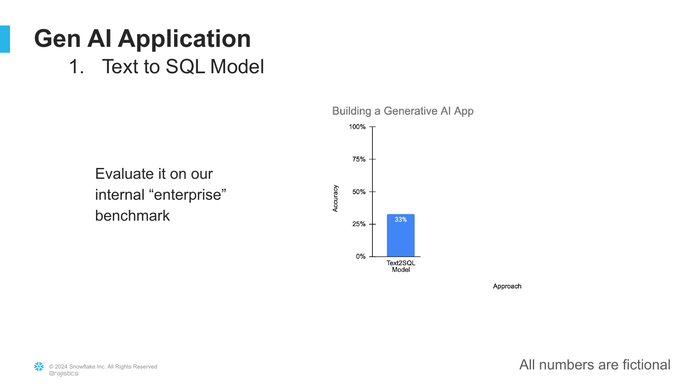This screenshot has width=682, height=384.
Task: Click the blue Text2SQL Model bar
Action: click(401, 235)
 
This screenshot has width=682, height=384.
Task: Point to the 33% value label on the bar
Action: click(401, 219)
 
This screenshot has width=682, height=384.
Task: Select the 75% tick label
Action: click(359, 159)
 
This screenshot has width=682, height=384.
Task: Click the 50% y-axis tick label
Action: click(359, 192)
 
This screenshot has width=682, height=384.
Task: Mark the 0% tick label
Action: click(361, 257)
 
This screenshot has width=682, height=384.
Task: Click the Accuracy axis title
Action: click(335, 198)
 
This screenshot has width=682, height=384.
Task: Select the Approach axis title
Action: click(507, 286)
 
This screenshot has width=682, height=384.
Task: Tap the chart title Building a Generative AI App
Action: click(403, 111)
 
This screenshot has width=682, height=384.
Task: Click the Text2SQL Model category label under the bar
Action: click(401, 266)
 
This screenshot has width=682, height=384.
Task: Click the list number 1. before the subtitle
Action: click(76, 67)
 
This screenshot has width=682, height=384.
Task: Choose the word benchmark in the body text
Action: click(132, 216)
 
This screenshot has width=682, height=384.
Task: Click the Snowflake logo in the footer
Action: click(39, 367)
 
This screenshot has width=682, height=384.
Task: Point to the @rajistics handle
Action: click(64, 374)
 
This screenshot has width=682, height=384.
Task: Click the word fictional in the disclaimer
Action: click(647, 365)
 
